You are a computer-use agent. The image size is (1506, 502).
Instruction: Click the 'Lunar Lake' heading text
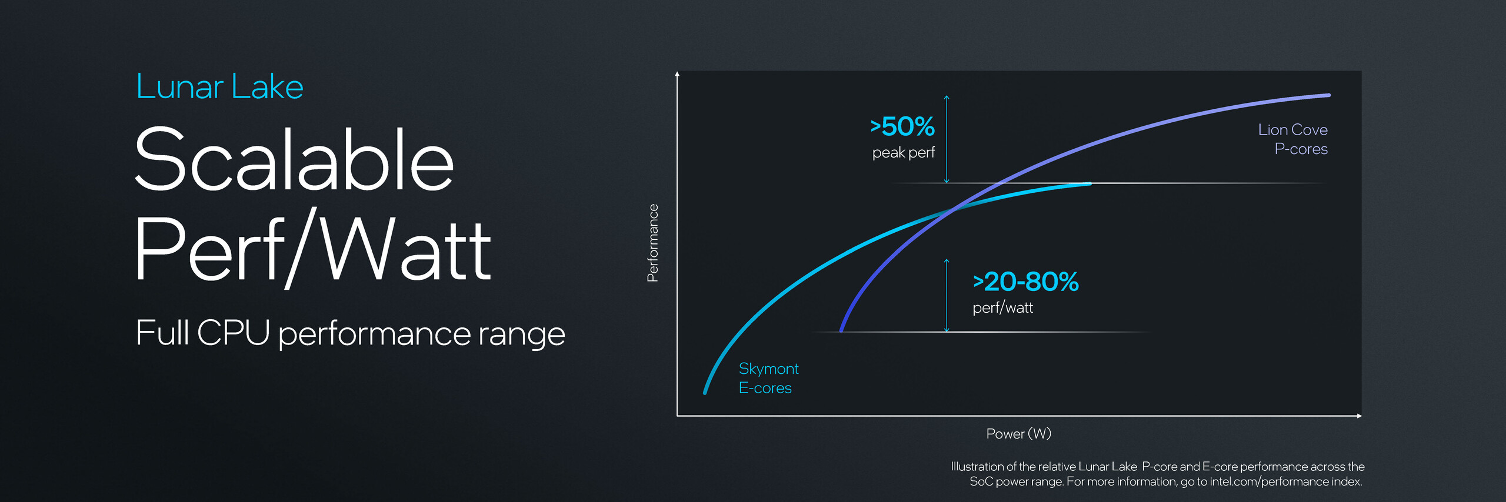[219, 86]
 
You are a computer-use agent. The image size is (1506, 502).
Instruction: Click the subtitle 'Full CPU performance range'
[350, 333]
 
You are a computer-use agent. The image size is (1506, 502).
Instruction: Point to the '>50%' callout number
[902, 126]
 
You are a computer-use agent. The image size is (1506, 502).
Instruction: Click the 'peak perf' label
[903, 153]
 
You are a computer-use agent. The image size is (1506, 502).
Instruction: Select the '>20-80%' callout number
[1026, 282]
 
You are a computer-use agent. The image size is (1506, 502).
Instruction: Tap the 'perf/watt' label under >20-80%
[1002, 307]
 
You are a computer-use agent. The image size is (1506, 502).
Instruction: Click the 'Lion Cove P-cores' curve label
[1292, 139]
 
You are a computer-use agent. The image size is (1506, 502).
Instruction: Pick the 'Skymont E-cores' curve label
[768, 378]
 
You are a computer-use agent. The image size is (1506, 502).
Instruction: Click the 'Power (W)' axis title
[1018, 434]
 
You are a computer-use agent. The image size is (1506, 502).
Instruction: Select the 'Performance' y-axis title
[652, 243]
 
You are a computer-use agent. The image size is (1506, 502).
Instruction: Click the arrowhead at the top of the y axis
[677, 73]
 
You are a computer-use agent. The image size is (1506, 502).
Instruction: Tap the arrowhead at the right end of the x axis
[1360, 416]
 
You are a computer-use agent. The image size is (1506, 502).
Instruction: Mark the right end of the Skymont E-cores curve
[1090, 184]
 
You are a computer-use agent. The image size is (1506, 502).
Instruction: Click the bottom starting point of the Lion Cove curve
[841, 330]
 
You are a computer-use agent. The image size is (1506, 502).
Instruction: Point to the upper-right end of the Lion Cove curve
[1329, 95]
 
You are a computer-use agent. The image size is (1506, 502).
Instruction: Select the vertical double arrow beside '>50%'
[947, 139]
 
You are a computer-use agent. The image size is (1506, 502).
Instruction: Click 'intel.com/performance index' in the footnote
[1285, 481]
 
